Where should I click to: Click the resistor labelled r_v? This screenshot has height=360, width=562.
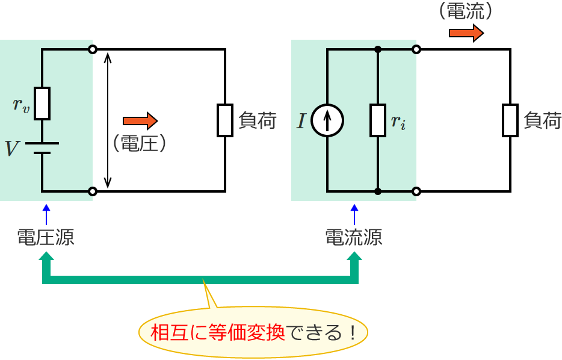(42, 103)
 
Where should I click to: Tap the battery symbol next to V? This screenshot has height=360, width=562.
(42, 148)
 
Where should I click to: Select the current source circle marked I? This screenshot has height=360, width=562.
(327, 120)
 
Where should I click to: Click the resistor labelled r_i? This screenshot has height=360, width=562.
(377, 120)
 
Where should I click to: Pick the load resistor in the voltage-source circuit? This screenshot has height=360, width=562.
(225, 120)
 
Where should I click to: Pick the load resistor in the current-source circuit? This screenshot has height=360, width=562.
(510, 120)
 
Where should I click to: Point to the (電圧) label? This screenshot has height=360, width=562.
(139, 143)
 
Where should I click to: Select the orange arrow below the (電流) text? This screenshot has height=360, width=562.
(466, 33)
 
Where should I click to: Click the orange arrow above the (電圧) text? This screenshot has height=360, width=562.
(140, 121)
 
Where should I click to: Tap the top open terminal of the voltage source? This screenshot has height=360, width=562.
(92, 49)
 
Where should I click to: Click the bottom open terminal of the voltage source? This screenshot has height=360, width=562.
(92, 191)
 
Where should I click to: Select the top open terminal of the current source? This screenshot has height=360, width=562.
(416, 49)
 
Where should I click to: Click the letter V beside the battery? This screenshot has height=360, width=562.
(12, 148)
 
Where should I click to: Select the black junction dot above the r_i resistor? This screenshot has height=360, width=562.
(377, 49)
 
